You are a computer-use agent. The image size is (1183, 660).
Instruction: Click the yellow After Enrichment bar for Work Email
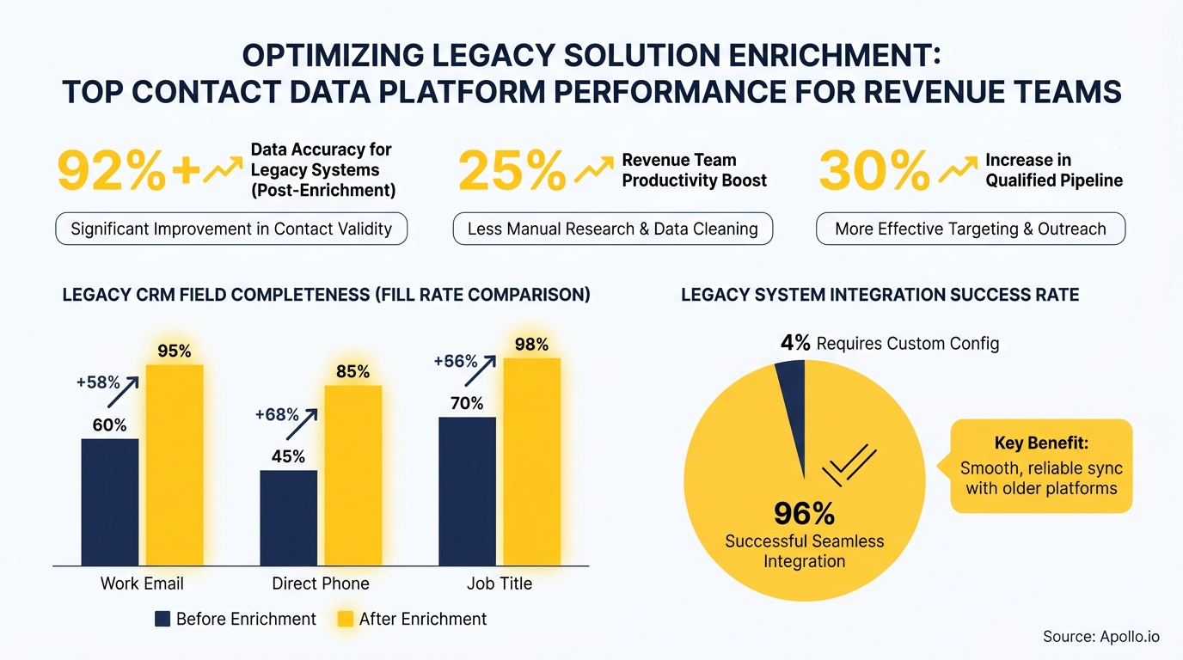[175, 465]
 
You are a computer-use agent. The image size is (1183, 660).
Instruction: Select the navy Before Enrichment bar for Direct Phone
[288, 518]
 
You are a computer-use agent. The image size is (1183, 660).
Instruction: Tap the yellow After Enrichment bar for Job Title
[531, 461]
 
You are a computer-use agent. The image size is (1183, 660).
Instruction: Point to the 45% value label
[288, 456]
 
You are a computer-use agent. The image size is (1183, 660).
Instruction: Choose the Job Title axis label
[499, 584]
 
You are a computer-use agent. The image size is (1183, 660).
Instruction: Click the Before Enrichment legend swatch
[162, 619]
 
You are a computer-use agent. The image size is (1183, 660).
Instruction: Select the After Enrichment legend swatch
[345, 619]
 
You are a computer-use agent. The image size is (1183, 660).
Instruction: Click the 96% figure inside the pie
[804, 513]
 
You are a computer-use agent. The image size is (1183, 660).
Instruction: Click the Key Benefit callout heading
[1041, 443]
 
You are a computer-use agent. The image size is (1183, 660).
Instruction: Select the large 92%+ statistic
[127, 171]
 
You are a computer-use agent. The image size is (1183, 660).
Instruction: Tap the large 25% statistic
[512, 171]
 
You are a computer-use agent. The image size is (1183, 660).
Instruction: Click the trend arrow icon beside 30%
[958, 170]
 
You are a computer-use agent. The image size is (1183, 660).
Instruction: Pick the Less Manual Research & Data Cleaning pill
[612, 229]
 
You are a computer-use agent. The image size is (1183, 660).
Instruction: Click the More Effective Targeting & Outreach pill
[970, 229]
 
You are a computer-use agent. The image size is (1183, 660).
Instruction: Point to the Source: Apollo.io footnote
[1100, 636]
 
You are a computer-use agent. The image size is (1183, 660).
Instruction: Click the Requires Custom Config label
[907, 344]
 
